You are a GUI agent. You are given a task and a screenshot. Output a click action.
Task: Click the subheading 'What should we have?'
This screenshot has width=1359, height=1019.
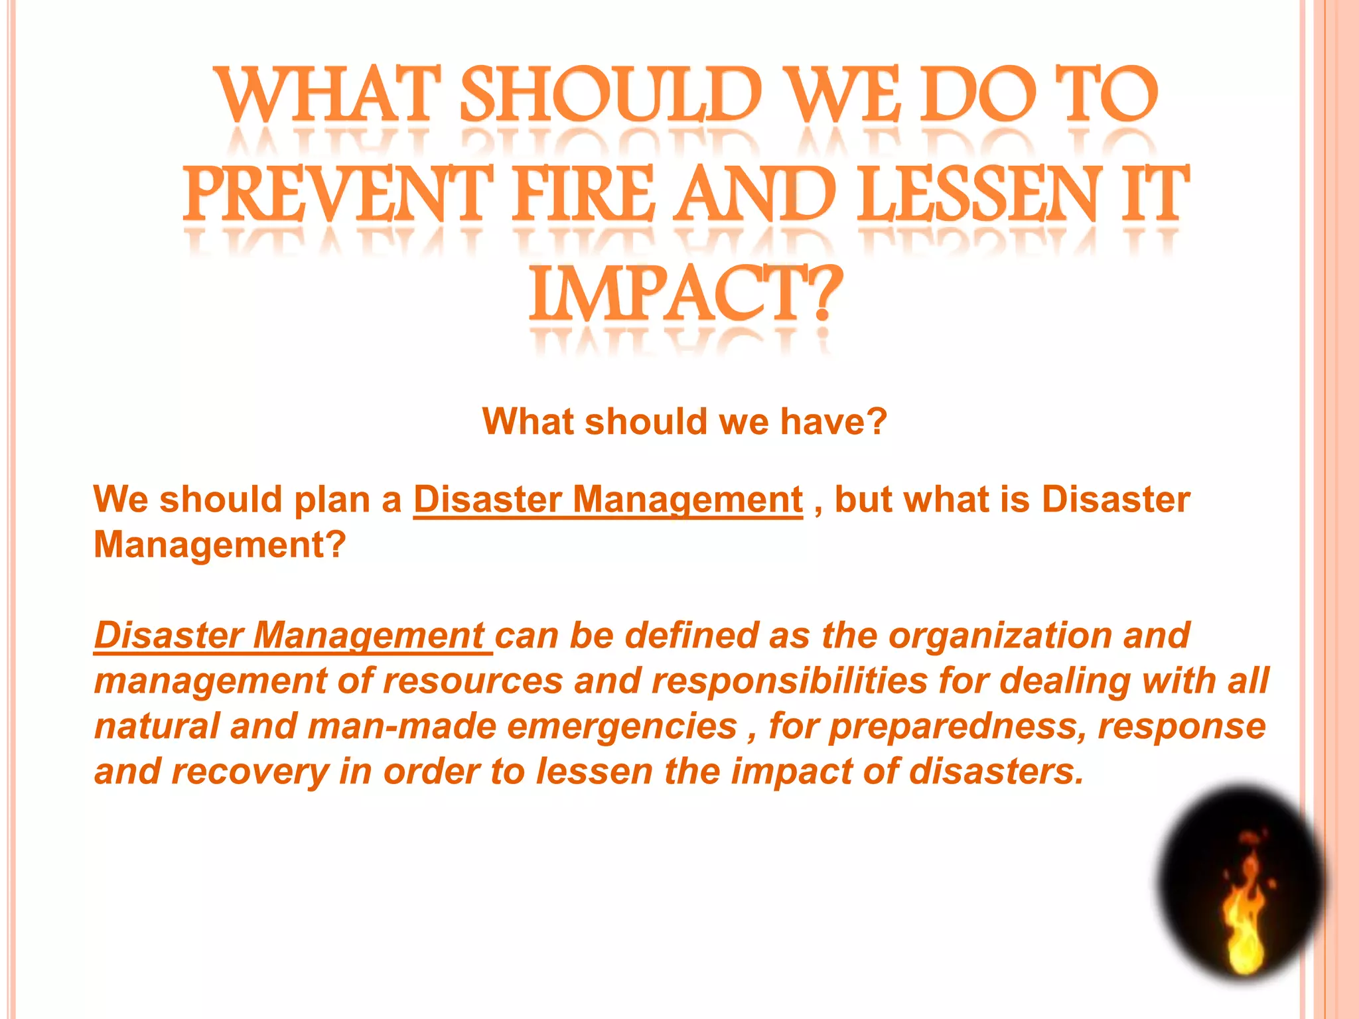[685, 421]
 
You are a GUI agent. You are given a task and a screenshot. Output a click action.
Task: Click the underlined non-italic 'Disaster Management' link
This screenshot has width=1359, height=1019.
[608, 500]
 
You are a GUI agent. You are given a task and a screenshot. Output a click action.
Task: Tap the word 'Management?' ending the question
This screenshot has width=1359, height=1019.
[220, 545]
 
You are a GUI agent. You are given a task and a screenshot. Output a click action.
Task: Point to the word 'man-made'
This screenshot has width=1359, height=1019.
[402, 726]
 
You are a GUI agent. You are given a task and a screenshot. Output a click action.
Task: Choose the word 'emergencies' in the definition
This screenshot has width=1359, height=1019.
[622, 726]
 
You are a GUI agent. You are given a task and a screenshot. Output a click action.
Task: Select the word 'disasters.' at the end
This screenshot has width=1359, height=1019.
[995, 772]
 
